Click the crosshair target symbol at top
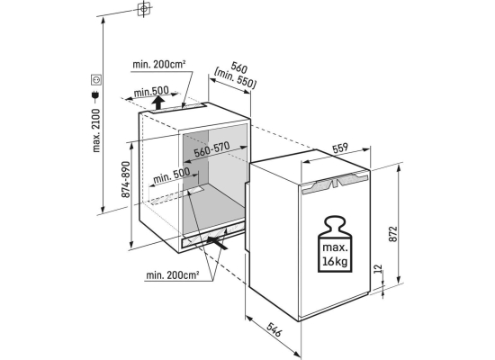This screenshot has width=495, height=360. click(144, 8)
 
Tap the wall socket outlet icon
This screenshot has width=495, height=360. click(96, 79)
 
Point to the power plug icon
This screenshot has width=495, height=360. click(95, 95)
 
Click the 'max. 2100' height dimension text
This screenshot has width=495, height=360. click(96, 130)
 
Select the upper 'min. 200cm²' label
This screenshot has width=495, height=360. click(158, 65)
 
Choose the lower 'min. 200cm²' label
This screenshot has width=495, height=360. click(173, 275)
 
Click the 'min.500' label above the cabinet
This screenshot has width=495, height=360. click(151, 92)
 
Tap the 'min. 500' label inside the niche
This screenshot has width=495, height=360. click(172, 175)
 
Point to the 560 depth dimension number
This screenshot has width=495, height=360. click(239, 67)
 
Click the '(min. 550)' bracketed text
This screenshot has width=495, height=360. click(235, 78)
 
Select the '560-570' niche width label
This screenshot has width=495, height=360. click(211, 149)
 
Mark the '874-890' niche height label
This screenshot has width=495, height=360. click(126, 180)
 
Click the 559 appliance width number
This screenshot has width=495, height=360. click(339, 148)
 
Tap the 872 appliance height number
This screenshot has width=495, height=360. click(392, 234)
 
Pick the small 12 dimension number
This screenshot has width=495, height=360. click(378, 269)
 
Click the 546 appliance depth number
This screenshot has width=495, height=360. click(274, 329)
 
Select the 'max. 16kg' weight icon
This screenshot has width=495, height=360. click(335, 244)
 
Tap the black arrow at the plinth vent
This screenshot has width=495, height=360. click(217, 243)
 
